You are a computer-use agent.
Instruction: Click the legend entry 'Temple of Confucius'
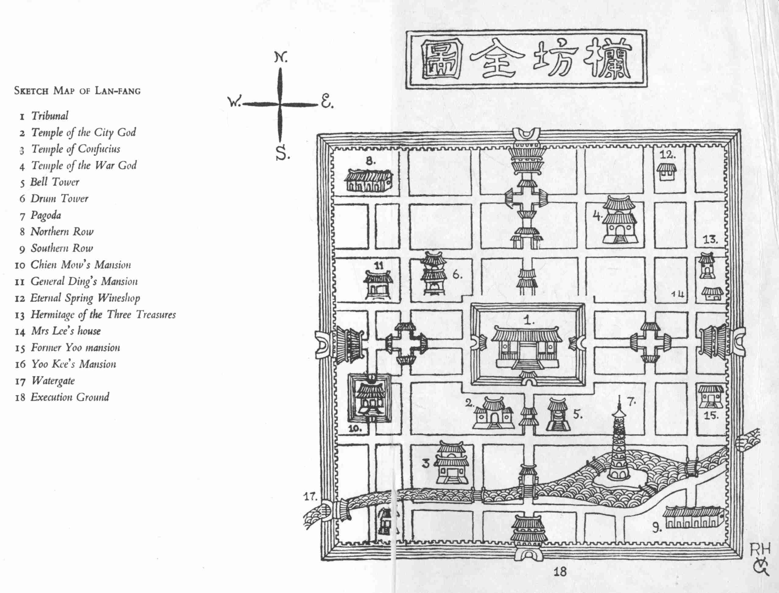75,149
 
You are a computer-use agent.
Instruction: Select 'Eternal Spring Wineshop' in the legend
85,298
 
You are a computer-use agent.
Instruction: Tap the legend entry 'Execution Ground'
69,397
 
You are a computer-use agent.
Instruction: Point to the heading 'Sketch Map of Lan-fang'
77,91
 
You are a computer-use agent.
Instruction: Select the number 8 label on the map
370,161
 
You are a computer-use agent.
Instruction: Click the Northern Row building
368,180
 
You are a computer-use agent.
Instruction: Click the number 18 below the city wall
560,572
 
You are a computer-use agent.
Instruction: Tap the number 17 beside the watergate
310,497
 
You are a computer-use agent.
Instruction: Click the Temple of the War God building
619,221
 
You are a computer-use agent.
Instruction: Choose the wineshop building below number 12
666,172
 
